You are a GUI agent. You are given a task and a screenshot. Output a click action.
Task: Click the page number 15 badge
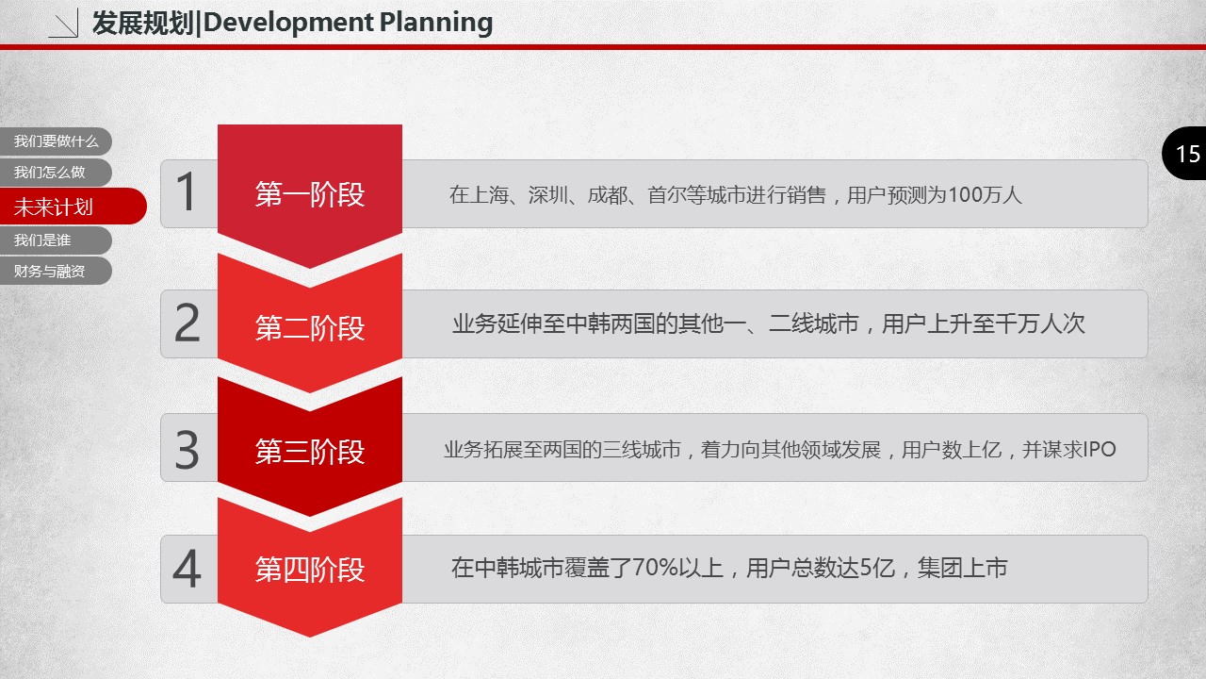(1184, 154)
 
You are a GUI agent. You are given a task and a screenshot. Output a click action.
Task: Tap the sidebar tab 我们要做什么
(56, 141)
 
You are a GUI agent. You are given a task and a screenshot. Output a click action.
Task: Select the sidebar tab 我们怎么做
(56, 173)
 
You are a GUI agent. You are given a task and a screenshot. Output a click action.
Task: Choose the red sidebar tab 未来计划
(73, 207)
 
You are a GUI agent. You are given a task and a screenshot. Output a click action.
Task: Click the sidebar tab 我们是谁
(56, 240)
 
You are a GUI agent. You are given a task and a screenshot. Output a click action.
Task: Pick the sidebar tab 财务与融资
(56, 271)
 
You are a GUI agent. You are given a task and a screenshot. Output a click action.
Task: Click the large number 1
(187, 191)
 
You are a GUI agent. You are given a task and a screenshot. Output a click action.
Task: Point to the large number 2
(187, 323)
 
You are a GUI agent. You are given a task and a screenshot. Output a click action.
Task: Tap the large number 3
(187, 450)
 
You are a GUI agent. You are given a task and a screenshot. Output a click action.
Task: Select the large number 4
(187, 568)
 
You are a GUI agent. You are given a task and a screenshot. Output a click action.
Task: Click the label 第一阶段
(310, 194)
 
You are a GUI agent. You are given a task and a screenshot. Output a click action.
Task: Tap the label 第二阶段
(310, 327)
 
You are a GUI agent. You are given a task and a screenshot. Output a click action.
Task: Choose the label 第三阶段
(310, 451)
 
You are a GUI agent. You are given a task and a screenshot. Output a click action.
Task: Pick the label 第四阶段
(310, 570)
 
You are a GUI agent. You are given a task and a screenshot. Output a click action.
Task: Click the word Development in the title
(288, 24)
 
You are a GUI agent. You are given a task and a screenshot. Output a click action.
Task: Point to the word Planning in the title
(436, 24)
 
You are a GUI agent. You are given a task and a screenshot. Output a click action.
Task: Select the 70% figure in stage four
(655, 568)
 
